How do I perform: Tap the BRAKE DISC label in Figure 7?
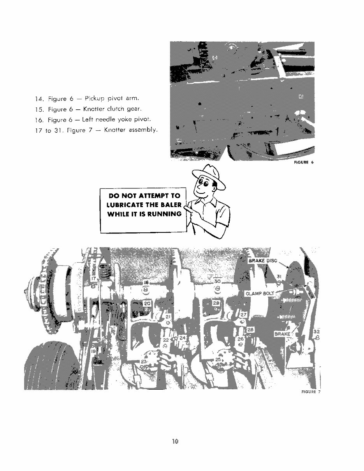(263, 260)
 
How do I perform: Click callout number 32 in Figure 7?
(317, 332)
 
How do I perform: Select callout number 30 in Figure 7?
(218, 281)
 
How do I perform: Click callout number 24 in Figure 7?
(183, 337)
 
